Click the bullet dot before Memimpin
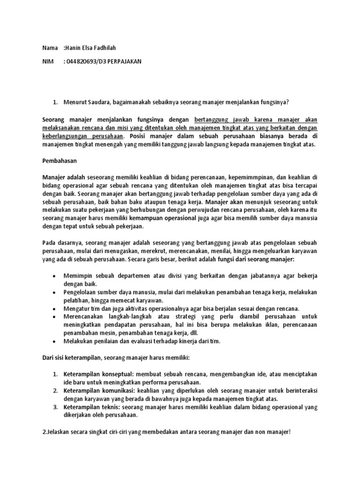pos(55,276)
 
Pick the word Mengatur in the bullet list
pos(78,308)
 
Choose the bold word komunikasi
pos(120,391)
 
